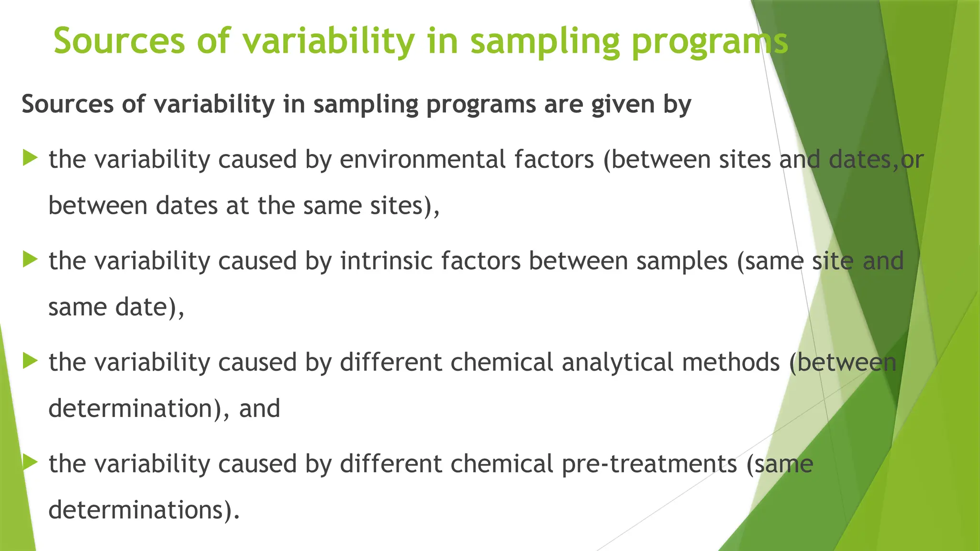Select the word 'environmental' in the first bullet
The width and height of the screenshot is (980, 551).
[x=423, y=159]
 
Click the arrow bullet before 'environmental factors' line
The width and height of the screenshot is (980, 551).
[x=30, y=157]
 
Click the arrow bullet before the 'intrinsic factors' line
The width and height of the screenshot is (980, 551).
[x=30, y=260]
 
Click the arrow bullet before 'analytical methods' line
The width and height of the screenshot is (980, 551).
[x=30, y=361]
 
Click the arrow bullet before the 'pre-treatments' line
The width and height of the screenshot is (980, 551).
[x=30, y=463]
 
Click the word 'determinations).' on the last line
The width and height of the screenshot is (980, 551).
[x=144, y=510]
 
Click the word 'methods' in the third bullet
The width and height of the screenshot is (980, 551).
[x=731, y=363]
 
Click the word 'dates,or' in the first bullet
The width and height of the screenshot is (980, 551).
[x=876, y=160]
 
